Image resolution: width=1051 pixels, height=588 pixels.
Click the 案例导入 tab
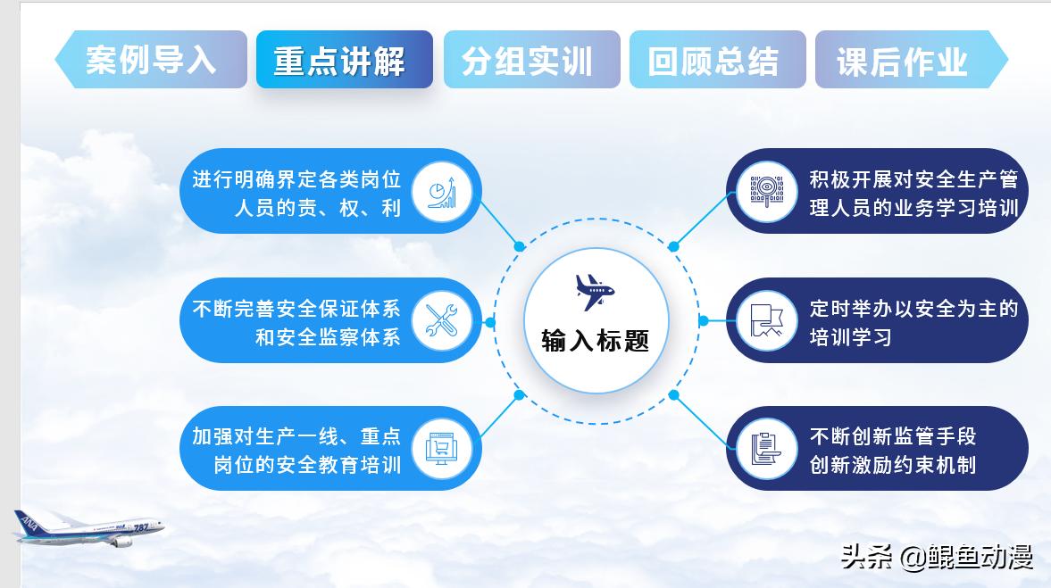click(151, 60)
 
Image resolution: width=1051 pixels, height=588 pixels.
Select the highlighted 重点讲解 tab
click(344, 60)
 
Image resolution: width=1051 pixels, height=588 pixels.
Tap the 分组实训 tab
click(530, 60)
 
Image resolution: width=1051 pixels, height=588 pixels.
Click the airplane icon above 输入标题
click(595, 290)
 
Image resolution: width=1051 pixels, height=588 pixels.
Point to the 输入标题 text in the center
click(595, 340)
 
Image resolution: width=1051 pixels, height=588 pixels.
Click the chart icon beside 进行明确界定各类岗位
click(442, 191)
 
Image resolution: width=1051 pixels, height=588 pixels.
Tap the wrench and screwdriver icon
click(442, 319)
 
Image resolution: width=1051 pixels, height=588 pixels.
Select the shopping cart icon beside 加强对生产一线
click(442, 448)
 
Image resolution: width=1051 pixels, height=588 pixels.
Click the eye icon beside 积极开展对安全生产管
click(767, 191)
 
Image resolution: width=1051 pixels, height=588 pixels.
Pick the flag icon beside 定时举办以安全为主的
click(767, 320)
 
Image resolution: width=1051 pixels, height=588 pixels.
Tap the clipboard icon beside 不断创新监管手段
click(767, 448)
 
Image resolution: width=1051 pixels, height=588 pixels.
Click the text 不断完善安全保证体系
click(296, 309)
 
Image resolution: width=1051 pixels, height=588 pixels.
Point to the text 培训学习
click(850, 337)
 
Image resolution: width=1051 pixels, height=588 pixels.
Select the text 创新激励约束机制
click(892, 465)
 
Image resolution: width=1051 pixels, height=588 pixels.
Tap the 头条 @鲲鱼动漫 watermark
click(937, 558)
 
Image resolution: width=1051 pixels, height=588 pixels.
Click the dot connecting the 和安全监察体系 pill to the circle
click(489, 320)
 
